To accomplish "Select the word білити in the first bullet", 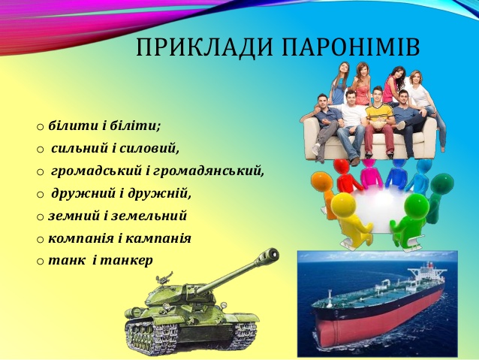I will click(x=68, y=125).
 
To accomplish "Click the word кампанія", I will click(x=159, y=238).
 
